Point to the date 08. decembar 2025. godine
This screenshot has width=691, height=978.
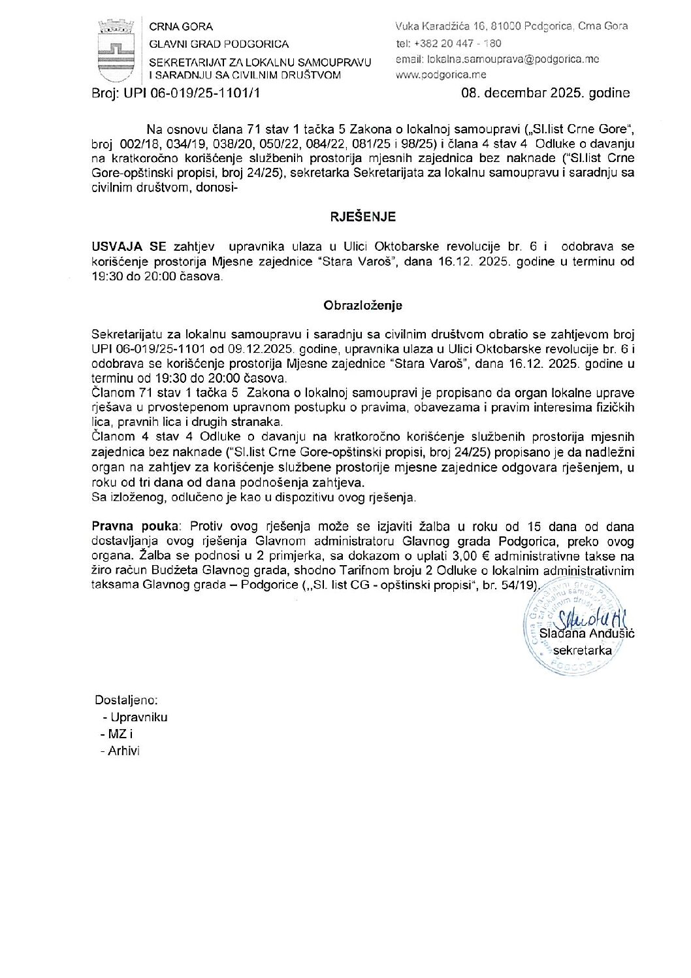pos(545,93)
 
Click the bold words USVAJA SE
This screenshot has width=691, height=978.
pos(129,247)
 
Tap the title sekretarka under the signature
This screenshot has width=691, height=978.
pos(583,650)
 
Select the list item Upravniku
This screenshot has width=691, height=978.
pos(138,717)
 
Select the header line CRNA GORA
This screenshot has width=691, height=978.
pos(182,27)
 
